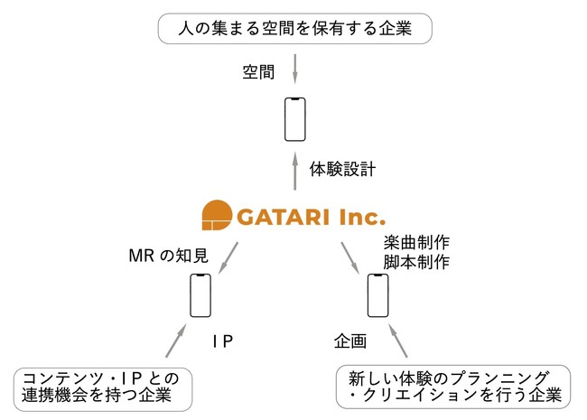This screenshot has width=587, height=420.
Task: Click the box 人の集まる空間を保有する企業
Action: (x=294, y=29)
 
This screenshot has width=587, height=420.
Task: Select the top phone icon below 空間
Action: (x=295, y=118)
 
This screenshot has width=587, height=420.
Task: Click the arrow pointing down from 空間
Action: (x=295, y=70)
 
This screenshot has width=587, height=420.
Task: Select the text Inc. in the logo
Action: (x=358, y=216)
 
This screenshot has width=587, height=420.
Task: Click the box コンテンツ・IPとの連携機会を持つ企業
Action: (x=105, y=386)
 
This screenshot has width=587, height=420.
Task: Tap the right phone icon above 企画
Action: (x=378, y=295)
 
